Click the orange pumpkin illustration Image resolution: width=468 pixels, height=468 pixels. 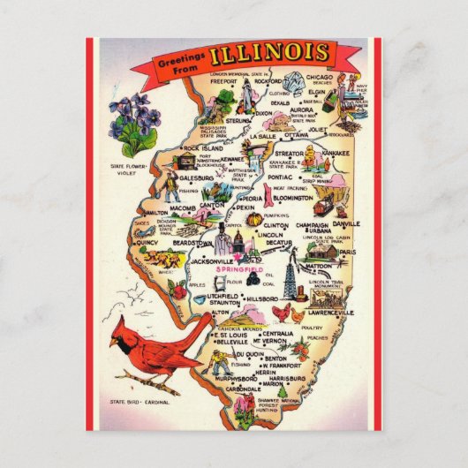tap(253, 218)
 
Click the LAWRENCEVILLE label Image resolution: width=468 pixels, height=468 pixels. tap(331, 313)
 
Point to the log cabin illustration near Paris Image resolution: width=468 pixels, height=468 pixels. tap(325, 252)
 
